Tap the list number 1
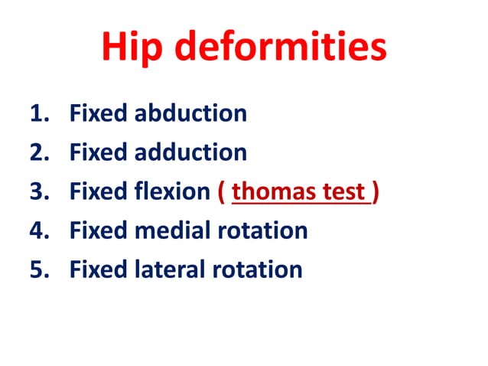(x=37, y=115)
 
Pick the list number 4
(x=37, y=230)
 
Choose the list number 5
(x=37, y=270)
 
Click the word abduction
(x=191, y=115)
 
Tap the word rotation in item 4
(x=263, y=230)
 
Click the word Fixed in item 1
(x=99, y=115)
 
